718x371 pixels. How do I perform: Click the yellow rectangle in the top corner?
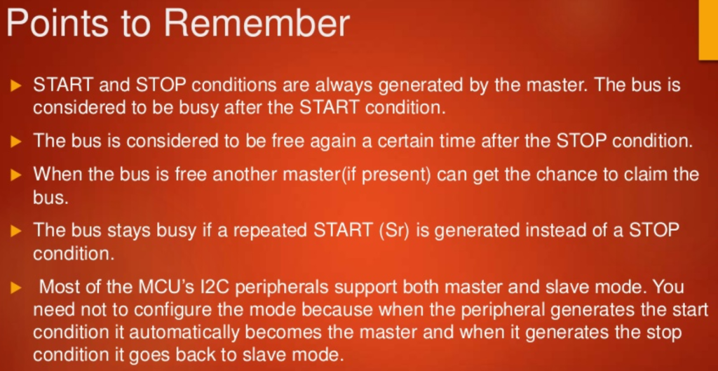708,29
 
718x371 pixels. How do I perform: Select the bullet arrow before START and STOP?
17,86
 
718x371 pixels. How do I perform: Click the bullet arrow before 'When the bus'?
17,175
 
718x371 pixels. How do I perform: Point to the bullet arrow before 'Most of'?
17,288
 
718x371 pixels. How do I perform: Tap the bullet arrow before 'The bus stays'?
17,231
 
